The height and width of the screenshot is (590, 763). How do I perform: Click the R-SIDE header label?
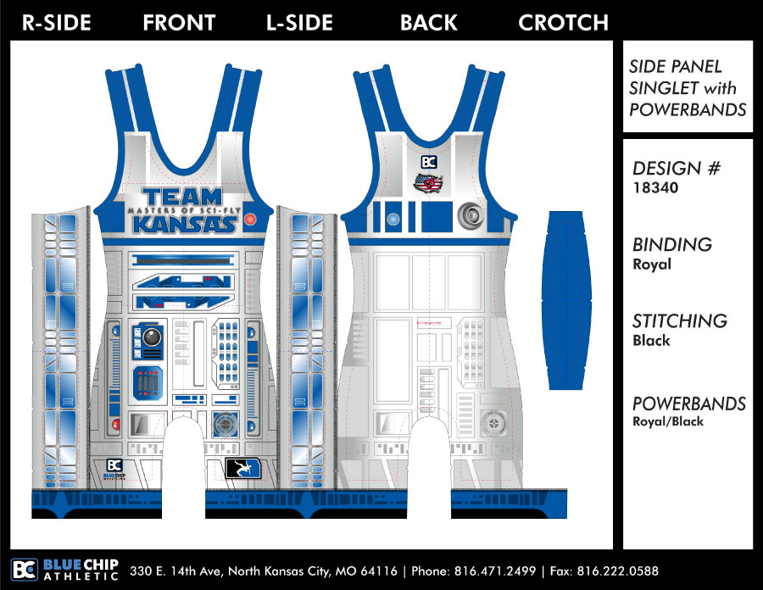pos(56,23)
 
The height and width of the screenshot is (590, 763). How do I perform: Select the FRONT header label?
pos(179,23)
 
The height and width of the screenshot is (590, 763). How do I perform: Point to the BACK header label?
pos(429,23)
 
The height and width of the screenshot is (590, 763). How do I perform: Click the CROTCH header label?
pos(563,23)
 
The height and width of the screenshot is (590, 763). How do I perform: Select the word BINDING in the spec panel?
pos(672,245)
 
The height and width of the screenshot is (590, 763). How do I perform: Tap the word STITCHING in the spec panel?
pos(680,320)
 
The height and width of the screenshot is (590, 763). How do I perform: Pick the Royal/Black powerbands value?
pos(668,421)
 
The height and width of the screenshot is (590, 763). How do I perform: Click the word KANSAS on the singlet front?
pos(184,224)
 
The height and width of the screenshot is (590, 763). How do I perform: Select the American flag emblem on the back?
pos(430,182)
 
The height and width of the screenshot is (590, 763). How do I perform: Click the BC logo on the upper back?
pos(429,162)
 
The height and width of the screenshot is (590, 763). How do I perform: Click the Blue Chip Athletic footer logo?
pos(65,570)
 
